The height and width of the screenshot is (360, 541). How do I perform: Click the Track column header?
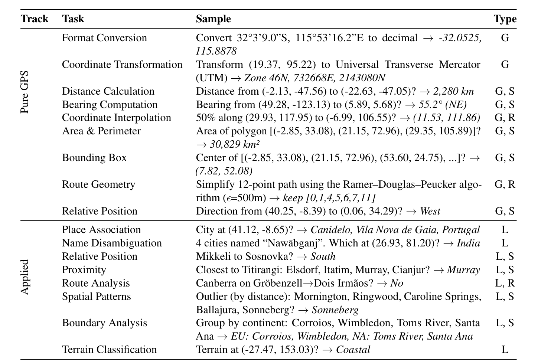(35, 19)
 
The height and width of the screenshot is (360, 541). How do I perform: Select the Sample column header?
(213, 19)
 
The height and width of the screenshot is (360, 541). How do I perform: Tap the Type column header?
(505, 19)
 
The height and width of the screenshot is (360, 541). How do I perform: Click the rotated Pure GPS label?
(25, 92)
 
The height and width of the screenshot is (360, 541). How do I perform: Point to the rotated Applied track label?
(25, 277)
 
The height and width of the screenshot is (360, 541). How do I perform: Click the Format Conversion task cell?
(104, 38)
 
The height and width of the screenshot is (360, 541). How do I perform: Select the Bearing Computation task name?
(110, 105)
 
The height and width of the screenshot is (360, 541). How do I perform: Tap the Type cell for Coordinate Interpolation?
(505, 118)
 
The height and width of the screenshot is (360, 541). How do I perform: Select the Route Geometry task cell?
(98, 184)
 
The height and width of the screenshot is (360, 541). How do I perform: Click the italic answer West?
(430, 211)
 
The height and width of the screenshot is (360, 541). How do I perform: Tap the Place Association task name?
(101, 230)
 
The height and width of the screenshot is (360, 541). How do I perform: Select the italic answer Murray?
(463, 270)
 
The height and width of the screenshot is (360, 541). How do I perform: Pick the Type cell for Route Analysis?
(505, 283)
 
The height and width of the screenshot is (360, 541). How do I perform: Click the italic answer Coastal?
(353, 350)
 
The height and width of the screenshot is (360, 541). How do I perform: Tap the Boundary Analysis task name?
(104, 323)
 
